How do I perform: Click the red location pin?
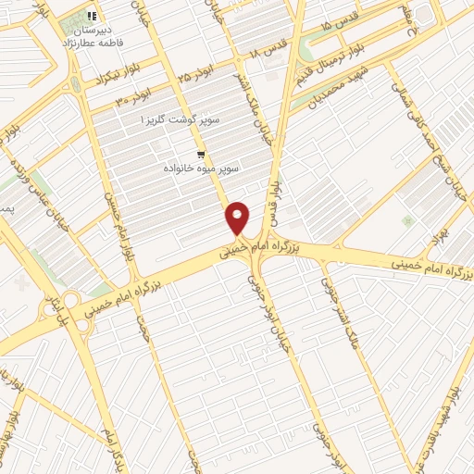238,217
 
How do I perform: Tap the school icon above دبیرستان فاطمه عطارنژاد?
92,16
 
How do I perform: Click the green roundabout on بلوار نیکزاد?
74,85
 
